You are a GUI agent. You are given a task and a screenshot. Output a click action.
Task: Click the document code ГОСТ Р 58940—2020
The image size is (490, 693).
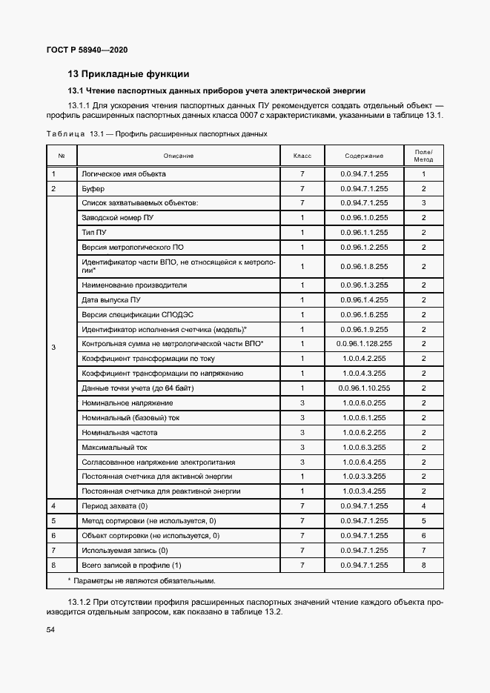[x=87, y=50]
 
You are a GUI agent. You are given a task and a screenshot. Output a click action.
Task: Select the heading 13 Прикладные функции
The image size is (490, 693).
[x=128, y=73]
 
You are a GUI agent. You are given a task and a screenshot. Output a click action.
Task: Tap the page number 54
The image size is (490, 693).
[x=51, y=629]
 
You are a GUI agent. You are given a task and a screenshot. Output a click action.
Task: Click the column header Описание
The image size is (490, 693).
[x=179, y=156]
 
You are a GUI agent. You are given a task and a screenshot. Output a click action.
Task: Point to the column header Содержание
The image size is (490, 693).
[x=364, y=156]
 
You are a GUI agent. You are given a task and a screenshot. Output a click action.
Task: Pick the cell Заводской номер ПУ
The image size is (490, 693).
[x=118, y=218]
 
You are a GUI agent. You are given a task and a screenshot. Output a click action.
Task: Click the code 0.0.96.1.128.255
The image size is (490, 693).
[x=364, y=344]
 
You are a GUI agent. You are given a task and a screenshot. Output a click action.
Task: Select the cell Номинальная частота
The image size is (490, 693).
[x=119, y=432]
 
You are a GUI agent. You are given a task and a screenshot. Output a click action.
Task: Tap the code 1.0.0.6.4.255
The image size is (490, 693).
[x=364, y=462]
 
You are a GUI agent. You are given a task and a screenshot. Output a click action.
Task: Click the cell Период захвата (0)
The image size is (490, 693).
[x=115, y=505]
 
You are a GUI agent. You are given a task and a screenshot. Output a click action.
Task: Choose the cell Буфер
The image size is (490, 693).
[x=93, y=189]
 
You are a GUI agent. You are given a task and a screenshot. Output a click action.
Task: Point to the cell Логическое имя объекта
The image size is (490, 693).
[x=124, y=174]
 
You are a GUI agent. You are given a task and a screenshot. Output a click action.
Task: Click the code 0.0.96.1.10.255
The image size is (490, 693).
[x=364, y=388]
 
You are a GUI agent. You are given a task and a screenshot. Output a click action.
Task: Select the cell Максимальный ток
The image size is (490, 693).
[x=114, y=447]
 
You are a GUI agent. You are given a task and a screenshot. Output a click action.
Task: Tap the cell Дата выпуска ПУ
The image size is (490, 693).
[x=111, y=299]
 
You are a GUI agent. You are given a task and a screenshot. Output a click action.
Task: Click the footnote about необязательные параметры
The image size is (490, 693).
[x=141, y=580]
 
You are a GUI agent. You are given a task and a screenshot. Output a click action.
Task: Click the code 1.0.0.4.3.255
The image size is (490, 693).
[x=364, y=374]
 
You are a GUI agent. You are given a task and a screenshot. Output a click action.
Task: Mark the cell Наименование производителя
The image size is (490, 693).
[x=134, y=285]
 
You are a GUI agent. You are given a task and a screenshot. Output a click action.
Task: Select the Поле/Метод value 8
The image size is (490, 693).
[x=423, y=565]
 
